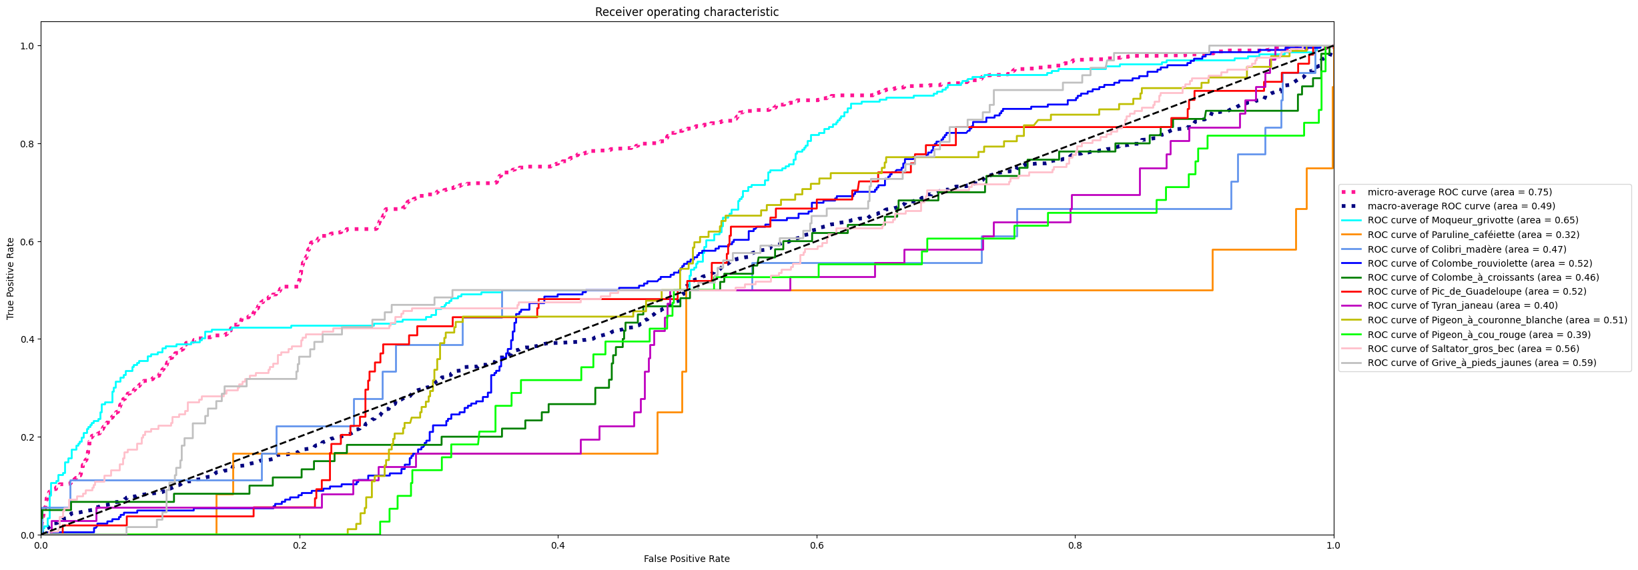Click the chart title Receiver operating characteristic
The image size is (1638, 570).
click(687, 12)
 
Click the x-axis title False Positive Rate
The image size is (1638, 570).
click(687, 559)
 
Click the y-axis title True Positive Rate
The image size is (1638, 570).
click(11, 278)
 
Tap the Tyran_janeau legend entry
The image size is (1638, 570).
click(1462, 305)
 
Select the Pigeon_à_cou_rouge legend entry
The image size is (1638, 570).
click(1479, 335)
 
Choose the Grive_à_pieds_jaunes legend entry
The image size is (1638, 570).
click(1481, 363)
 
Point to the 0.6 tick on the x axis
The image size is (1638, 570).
click(817, 545)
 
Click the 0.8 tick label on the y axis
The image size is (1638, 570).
click(27, 144)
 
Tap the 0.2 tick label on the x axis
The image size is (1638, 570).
click(300, 545)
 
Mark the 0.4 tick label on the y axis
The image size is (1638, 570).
click(27, 339)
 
